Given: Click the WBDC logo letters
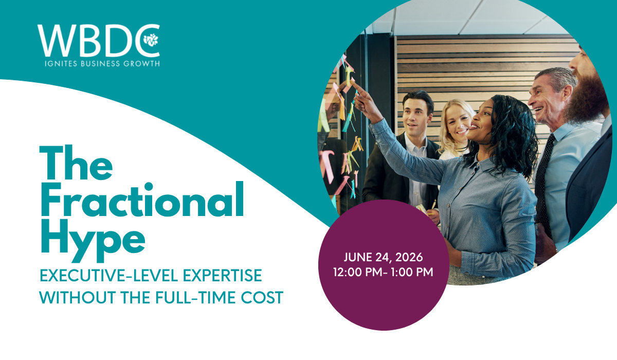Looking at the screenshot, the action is click(x=98, y=41).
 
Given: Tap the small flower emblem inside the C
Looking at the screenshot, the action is click(x=151, y=40).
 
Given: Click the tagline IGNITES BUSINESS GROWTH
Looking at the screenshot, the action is click(x=102, y=64).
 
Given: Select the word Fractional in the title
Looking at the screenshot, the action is click(x=142, y=200).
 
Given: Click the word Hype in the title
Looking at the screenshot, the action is click(x=93, y=240).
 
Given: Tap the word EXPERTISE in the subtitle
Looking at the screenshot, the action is click(x=222, y=276).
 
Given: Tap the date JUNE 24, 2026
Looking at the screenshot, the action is click(x=383, y=257).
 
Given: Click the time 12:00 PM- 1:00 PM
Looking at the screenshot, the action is click(x=383, y=272).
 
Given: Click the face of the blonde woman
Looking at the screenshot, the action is click(x=457, y=123).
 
